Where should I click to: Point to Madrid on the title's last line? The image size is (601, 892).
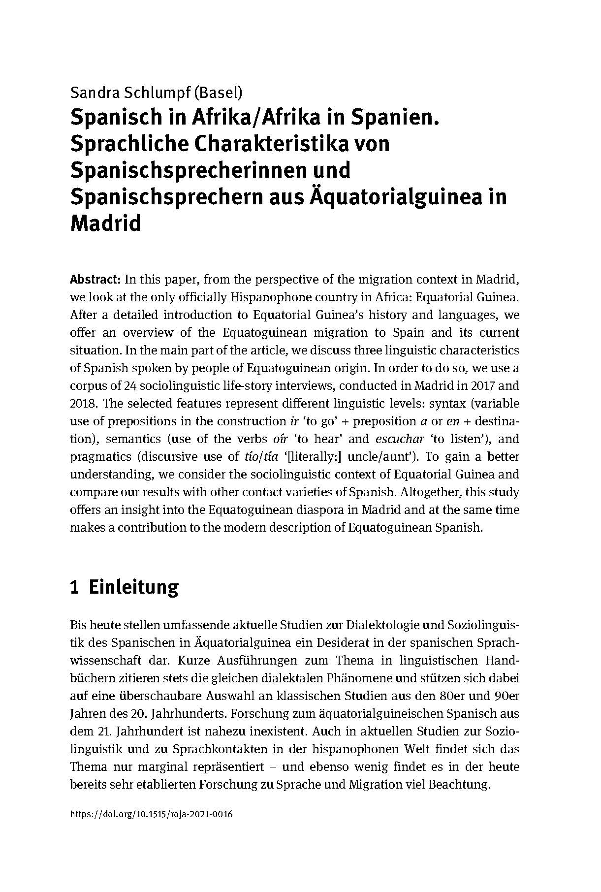click(106, 223)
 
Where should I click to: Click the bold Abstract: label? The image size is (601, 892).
click(95, 280)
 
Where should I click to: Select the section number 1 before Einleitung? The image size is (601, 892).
click(75, 588)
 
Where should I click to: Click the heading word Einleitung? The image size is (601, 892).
click(133, 588)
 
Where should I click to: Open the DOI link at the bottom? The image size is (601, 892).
click(152, 814)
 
